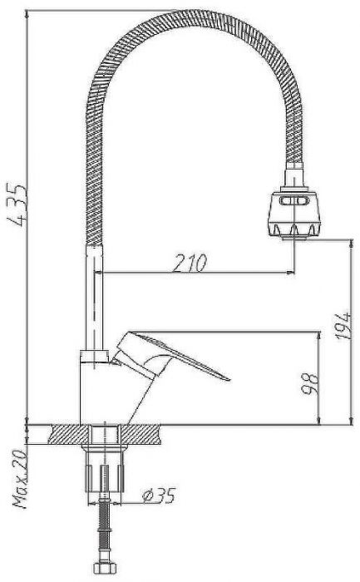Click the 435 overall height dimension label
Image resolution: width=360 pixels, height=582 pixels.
coord(17,205)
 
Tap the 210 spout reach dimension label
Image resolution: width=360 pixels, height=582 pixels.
coord(190,264)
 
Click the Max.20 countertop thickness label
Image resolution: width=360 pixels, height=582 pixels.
coord(21,479)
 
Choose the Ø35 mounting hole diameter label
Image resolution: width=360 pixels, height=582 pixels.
coord(159,496)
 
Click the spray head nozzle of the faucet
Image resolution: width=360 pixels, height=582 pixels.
coord(294,215)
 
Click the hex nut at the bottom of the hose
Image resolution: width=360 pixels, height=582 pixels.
coord(105,569)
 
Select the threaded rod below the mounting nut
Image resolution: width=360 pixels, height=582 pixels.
coord(105,530)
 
